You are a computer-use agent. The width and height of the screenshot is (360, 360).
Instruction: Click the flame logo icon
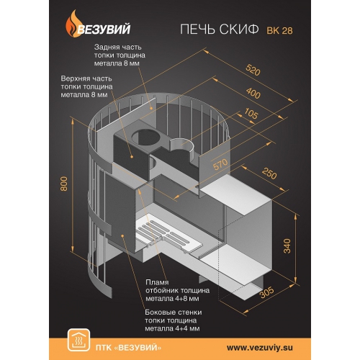(x=73, y=24)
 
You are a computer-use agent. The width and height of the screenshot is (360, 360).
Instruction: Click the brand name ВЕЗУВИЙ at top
(x=104, y=29)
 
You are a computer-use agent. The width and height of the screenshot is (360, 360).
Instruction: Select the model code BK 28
(x=279, y=30)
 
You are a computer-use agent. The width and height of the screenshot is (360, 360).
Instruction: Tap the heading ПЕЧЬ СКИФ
(x=220, y=29)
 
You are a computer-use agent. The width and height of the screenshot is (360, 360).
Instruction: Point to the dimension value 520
(x=253, y=70)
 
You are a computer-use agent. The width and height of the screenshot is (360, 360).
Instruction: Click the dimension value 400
(x=253, y=93)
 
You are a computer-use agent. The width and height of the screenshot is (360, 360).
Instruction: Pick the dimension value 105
(x=251, y=113)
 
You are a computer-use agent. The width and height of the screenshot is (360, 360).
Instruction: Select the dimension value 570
(x=220, y=164)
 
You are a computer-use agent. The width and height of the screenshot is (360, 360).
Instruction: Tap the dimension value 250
(x=269, y=174)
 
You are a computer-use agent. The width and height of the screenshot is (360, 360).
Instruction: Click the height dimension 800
(x=64, y=184)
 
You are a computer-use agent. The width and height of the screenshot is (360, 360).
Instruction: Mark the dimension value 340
(x=287, y=246)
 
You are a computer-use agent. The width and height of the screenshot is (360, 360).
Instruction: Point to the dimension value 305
(x=266, y=292)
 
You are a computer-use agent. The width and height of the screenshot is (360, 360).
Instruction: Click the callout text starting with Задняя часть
(x=120, y=55)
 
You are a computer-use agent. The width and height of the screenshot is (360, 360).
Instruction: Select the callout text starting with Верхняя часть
(x=86, y=86)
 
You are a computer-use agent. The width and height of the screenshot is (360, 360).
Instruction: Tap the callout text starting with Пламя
(x=178, y=290)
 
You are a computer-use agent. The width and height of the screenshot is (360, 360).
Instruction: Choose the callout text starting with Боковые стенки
(x=174, y=320)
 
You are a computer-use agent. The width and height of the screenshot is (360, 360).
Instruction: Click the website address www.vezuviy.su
(x=260, y=348)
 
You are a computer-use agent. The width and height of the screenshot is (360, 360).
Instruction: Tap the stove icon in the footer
(x=78, y=340)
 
